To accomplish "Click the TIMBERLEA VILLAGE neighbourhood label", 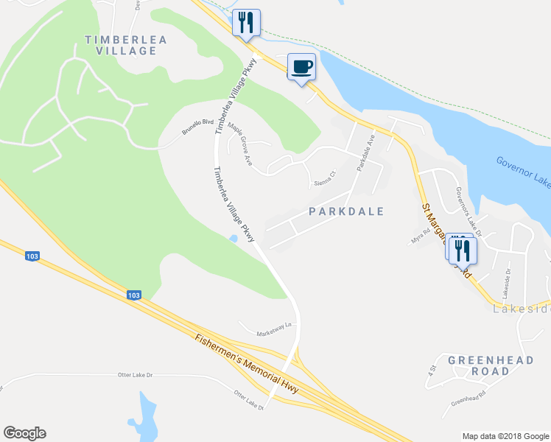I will click(x=121, y=45).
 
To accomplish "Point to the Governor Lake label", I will click(x=522, y=170).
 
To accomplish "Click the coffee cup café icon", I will click(x=301, y=68).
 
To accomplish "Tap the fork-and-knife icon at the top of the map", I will click(x=246, y=23).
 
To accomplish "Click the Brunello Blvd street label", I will click(x=197, y=127).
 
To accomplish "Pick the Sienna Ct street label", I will click(x=325, y=178).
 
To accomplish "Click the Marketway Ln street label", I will click(x=275, y=326).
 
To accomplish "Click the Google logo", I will click(x=24, y=433).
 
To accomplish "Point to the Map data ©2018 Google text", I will click(x=505, y=436).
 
